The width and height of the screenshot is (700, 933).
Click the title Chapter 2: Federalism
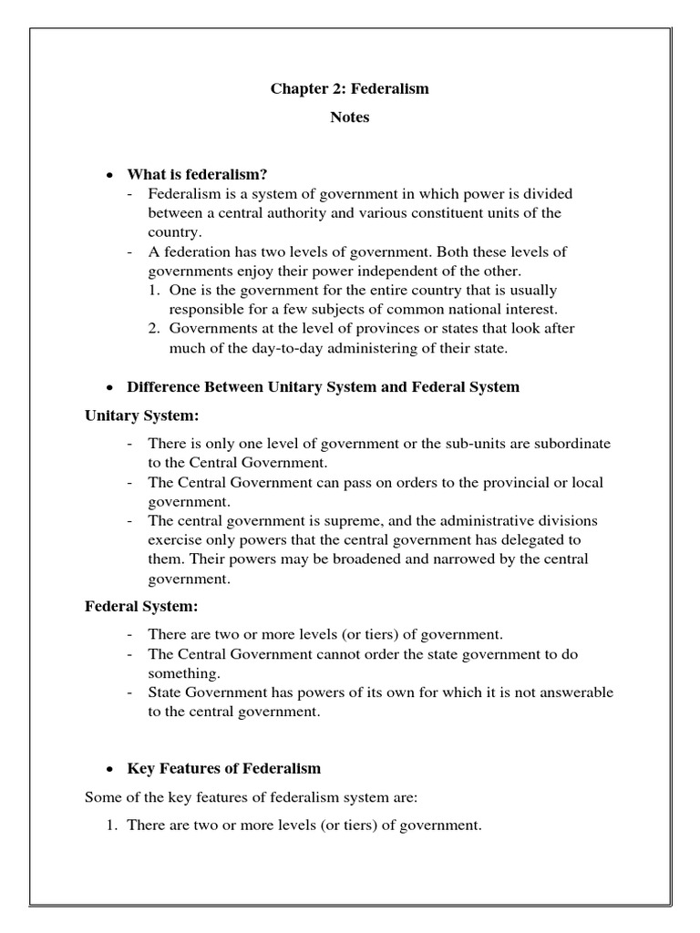tap(349, 89)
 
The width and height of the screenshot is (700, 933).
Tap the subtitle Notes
tap(349, 118)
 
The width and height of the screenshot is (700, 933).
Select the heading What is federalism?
tap(197, 174)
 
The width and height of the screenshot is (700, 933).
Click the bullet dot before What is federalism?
tap(109, 175)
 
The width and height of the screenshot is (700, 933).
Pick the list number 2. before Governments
tap(156, 329)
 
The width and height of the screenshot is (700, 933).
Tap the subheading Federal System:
tap(140, 606)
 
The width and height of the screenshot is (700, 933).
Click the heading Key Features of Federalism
tap(223, 768)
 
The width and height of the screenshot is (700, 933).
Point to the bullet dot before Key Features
tap(109, 769)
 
